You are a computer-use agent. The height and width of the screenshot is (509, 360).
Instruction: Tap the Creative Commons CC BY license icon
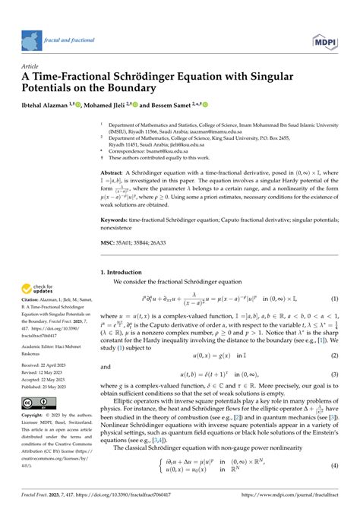pos(37,402)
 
